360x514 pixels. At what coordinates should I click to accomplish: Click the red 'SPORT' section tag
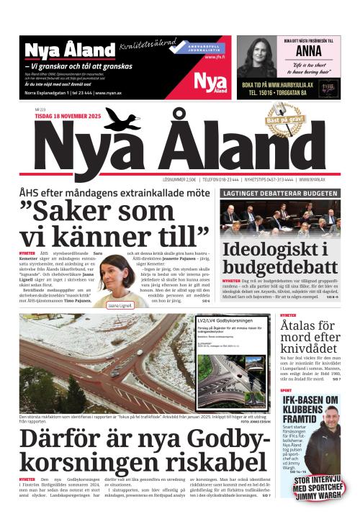tap(287, 390)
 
